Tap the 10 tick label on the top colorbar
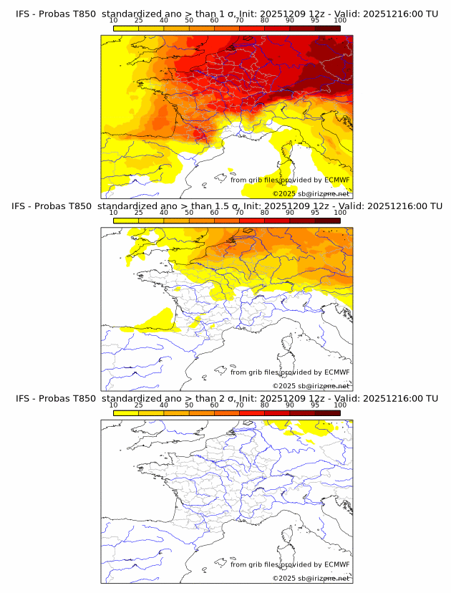[x=114, y=21]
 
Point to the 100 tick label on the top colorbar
[x=340, y=21]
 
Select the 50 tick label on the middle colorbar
[x=189, y=213]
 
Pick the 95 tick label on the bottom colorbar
[x=315, y=405]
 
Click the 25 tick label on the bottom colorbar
[x=138, y=405]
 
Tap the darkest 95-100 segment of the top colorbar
[x=327, y=29]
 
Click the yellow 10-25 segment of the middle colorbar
[x=126, y=221]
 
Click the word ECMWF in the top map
[x=336, y=180]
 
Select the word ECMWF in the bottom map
[x=336, y=564]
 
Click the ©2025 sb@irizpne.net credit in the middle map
[x=311, y=385]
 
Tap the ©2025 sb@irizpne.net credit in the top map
[x=311, y=193]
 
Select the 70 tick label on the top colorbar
[x=239, y=21]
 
